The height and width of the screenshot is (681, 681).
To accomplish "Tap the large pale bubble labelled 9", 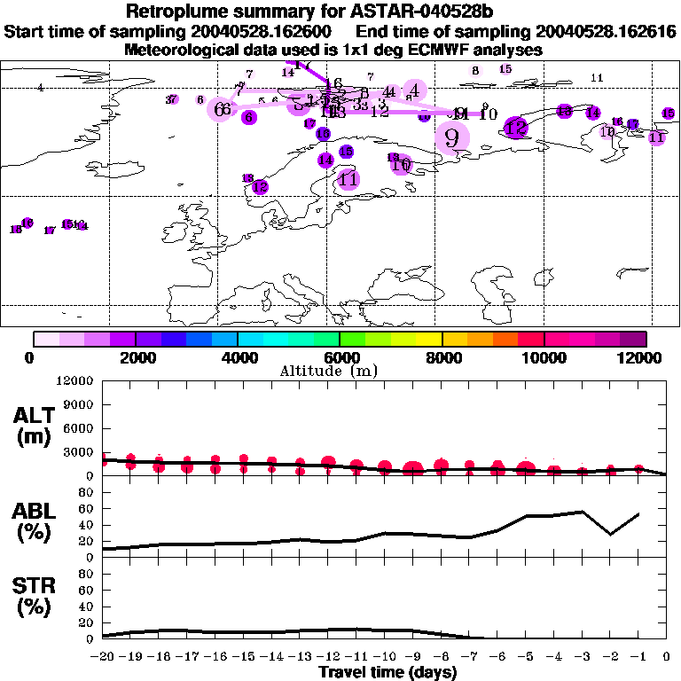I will click(x=452, y=137).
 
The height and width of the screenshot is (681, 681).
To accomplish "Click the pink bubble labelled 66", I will click(x=222, y=108).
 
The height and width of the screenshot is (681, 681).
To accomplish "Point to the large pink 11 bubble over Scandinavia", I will click(x=348, y=179).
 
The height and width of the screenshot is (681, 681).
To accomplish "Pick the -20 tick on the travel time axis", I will click(x=103, y=657).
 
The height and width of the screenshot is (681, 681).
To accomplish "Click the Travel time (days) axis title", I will click(x=387, y=672).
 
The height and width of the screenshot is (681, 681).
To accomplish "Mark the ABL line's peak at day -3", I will click(x=582, y=511).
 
